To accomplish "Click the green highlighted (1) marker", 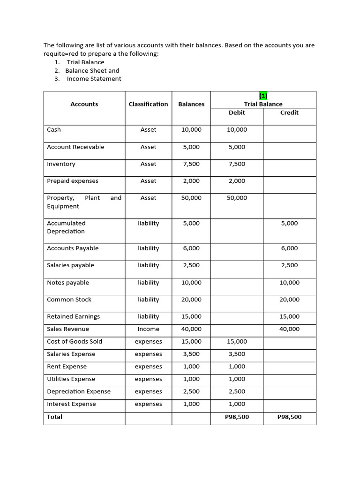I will coord(263,96).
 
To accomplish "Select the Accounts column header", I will coord(84,104).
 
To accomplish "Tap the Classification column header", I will coord(148,104).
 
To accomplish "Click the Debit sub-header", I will coord(237,112).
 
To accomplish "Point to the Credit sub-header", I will coord(289,112).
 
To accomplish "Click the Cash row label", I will coord(54,129).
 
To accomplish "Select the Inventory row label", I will coord(61,164).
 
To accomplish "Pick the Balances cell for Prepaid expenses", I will coord(191,181).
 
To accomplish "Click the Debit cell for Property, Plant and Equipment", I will coord(237,198).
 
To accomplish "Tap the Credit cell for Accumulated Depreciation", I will coord(289,224).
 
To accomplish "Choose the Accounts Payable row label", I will coord(73,248).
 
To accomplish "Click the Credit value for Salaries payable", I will coord(289,265).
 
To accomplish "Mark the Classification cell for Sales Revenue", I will coord(148,329).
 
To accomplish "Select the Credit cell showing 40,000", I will coord(289,329).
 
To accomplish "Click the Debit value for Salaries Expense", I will coord(237,354).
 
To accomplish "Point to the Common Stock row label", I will coord(69,300).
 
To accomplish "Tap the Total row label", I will coord(54,417).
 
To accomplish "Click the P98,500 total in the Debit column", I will coord(237,417).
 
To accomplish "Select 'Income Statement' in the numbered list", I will coord(94,79).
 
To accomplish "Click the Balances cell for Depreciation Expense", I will coord(191,391).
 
